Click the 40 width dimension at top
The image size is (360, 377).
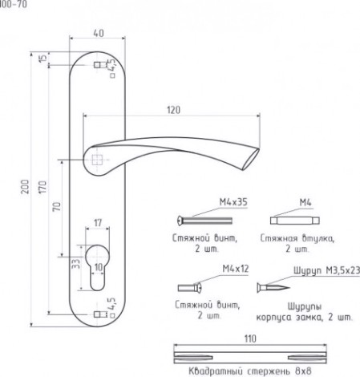[99, 34]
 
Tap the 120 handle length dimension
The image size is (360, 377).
[174, 110]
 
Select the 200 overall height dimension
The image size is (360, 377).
[25, 187]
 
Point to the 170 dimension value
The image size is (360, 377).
[42, 187]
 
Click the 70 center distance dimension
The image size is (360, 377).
[57, 207]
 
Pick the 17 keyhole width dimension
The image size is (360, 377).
[98, 222]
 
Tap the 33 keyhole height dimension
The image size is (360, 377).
[76, 263]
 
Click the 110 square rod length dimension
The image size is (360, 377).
[250, 338]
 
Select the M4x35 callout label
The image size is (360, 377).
[233, 202]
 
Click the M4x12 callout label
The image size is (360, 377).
[236, 269]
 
